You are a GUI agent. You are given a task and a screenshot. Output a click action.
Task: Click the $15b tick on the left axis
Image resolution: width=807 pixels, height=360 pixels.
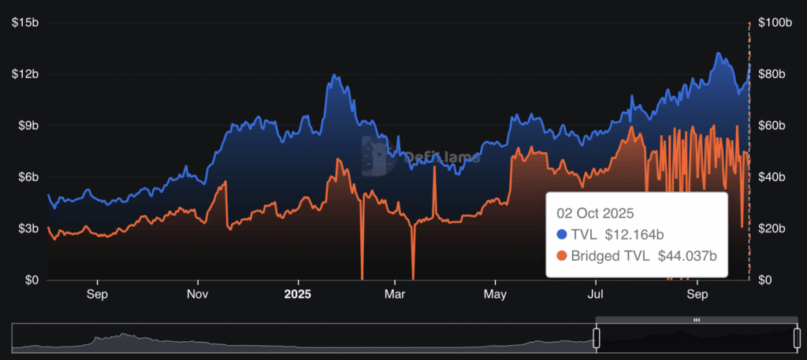coord(26,23)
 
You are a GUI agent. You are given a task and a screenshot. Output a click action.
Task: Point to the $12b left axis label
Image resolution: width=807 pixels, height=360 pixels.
coord(26,74)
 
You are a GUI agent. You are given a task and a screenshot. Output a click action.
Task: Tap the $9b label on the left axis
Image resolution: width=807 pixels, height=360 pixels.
coord(28,125)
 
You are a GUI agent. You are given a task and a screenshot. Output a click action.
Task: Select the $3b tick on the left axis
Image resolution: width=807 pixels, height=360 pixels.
coord(28,228)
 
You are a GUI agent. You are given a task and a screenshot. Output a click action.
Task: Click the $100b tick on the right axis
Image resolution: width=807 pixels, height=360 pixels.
coord(774,23)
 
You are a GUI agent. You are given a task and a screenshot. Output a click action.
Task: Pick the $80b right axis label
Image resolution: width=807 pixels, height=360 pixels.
coord(772,74)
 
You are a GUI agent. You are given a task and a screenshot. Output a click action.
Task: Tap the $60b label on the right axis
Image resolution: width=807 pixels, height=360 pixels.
coord(772,125)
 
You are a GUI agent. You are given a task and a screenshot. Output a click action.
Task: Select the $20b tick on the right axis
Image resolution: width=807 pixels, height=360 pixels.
coord(772,228)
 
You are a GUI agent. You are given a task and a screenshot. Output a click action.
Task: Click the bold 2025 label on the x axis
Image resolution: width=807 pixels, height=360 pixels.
coord(298,295)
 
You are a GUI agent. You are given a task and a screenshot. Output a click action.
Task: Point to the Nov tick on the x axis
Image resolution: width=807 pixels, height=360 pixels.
coord(198,295)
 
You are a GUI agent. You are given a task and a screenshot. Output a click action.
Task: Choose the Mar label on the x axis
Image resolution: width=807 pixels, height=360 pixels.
coord(395,295)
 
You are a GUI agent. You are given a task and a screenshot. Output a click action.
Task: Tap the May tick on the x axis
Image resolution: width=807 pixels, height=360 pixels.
coord(496,295)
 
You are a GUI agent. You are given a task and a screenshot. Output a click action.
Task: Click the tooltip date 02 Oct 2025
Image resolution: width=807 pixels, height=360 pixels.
coord(596,213)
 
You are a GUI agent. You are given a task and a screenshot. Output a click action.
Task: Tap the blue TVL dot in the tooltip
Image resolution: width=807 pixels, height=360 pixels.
coord(562,234)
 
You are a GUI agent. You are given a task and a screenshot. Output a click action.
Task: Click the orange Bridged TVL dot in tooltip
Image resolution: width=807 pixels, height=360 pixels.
coord(562,255)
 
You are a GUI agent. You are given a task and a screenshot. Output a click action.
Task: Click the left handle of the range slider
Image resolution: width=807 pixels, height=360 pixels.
coord(597,339)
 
